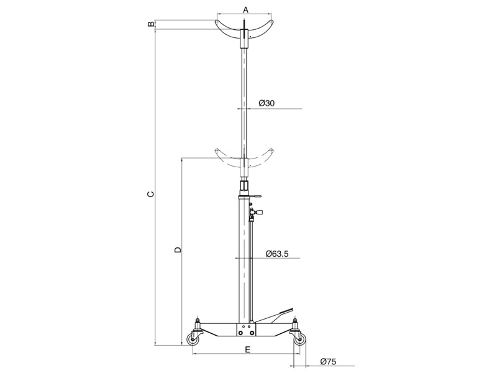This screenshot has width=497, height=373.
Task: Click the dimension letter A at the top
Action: tap(245, 10)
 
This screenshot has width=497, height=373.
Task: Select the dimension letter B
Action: tap(151, 24)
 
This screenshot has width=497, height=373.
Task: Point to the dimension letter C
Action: tap(151, 194)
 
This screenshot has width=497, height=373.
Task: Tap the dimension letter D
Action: tap(178, 250)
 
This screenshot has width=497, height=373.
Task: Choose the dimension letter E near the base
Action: tap(248, 349)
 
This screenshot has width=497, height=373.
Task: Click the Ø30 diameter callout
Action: tap(267, 103)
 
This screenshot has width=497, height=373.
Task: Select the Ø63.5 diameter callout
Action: tap(277, 254)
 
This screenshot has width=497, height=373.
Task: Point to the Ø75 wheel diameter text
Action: tap(328, 361)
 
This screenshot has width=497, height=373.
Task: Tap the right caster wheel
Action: tap(299, 340)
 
